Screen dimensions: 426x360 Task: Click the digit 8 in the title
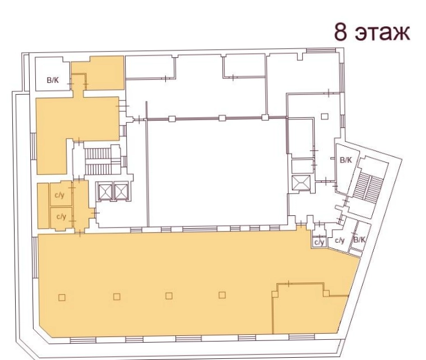341,32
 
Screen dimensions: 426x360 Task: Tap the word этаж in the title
382,33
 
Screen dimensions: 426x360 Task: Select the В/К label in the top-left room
53,80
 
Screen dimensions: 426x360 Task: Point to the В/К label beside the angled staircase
346,160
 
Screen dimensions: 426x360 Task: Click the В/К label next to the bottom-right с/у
359,239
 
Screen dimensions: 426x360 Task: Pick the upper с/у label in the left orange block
59,195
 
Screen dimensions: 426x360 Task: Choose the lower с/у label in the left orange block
62,216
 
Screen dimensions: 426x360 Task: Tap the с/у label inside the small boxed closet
319,242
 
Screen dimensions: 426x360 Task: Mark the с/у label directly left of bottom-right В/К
340,240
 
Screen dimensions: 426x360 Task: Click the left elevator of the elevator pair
105,192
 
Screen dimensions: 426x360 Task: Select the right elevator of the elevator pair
121,192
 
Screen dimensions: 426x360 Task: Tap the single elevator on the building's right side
300,183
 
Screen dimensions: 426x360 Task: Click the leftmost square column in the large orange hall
62,298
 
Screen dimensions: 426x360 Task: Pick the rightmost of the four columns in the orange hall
222,295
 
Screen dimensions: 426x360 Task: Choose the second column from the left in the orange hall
117,297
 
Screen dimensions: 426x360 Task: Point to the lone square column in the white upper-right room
325,116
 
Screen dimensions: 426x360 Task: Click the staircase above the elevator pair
98,161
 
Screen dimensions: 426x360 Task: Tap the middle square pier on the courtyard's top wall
222,118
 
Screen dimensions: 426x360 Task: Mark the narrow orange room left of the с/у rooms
43,206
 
